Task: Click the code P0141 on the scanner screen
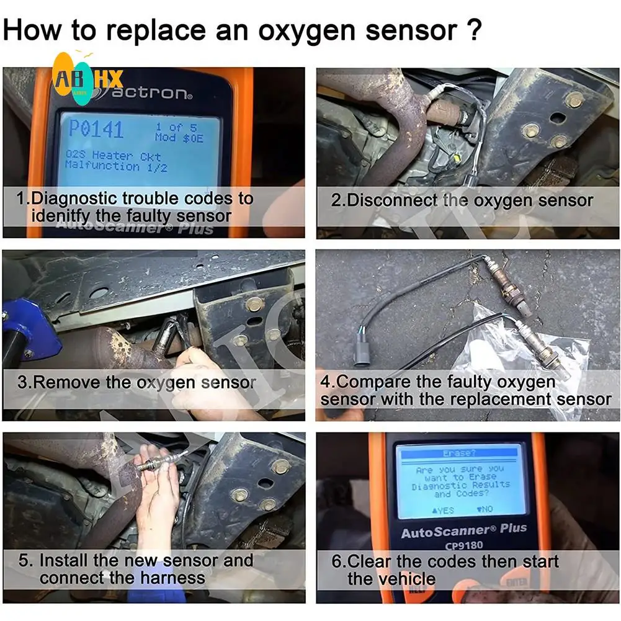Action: (96, 129)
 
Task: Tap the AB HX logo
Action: (87, 79)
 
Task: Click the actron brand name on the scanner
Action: (151, 94)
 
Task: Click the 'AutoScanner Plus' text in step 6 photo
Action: (463, 531)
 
